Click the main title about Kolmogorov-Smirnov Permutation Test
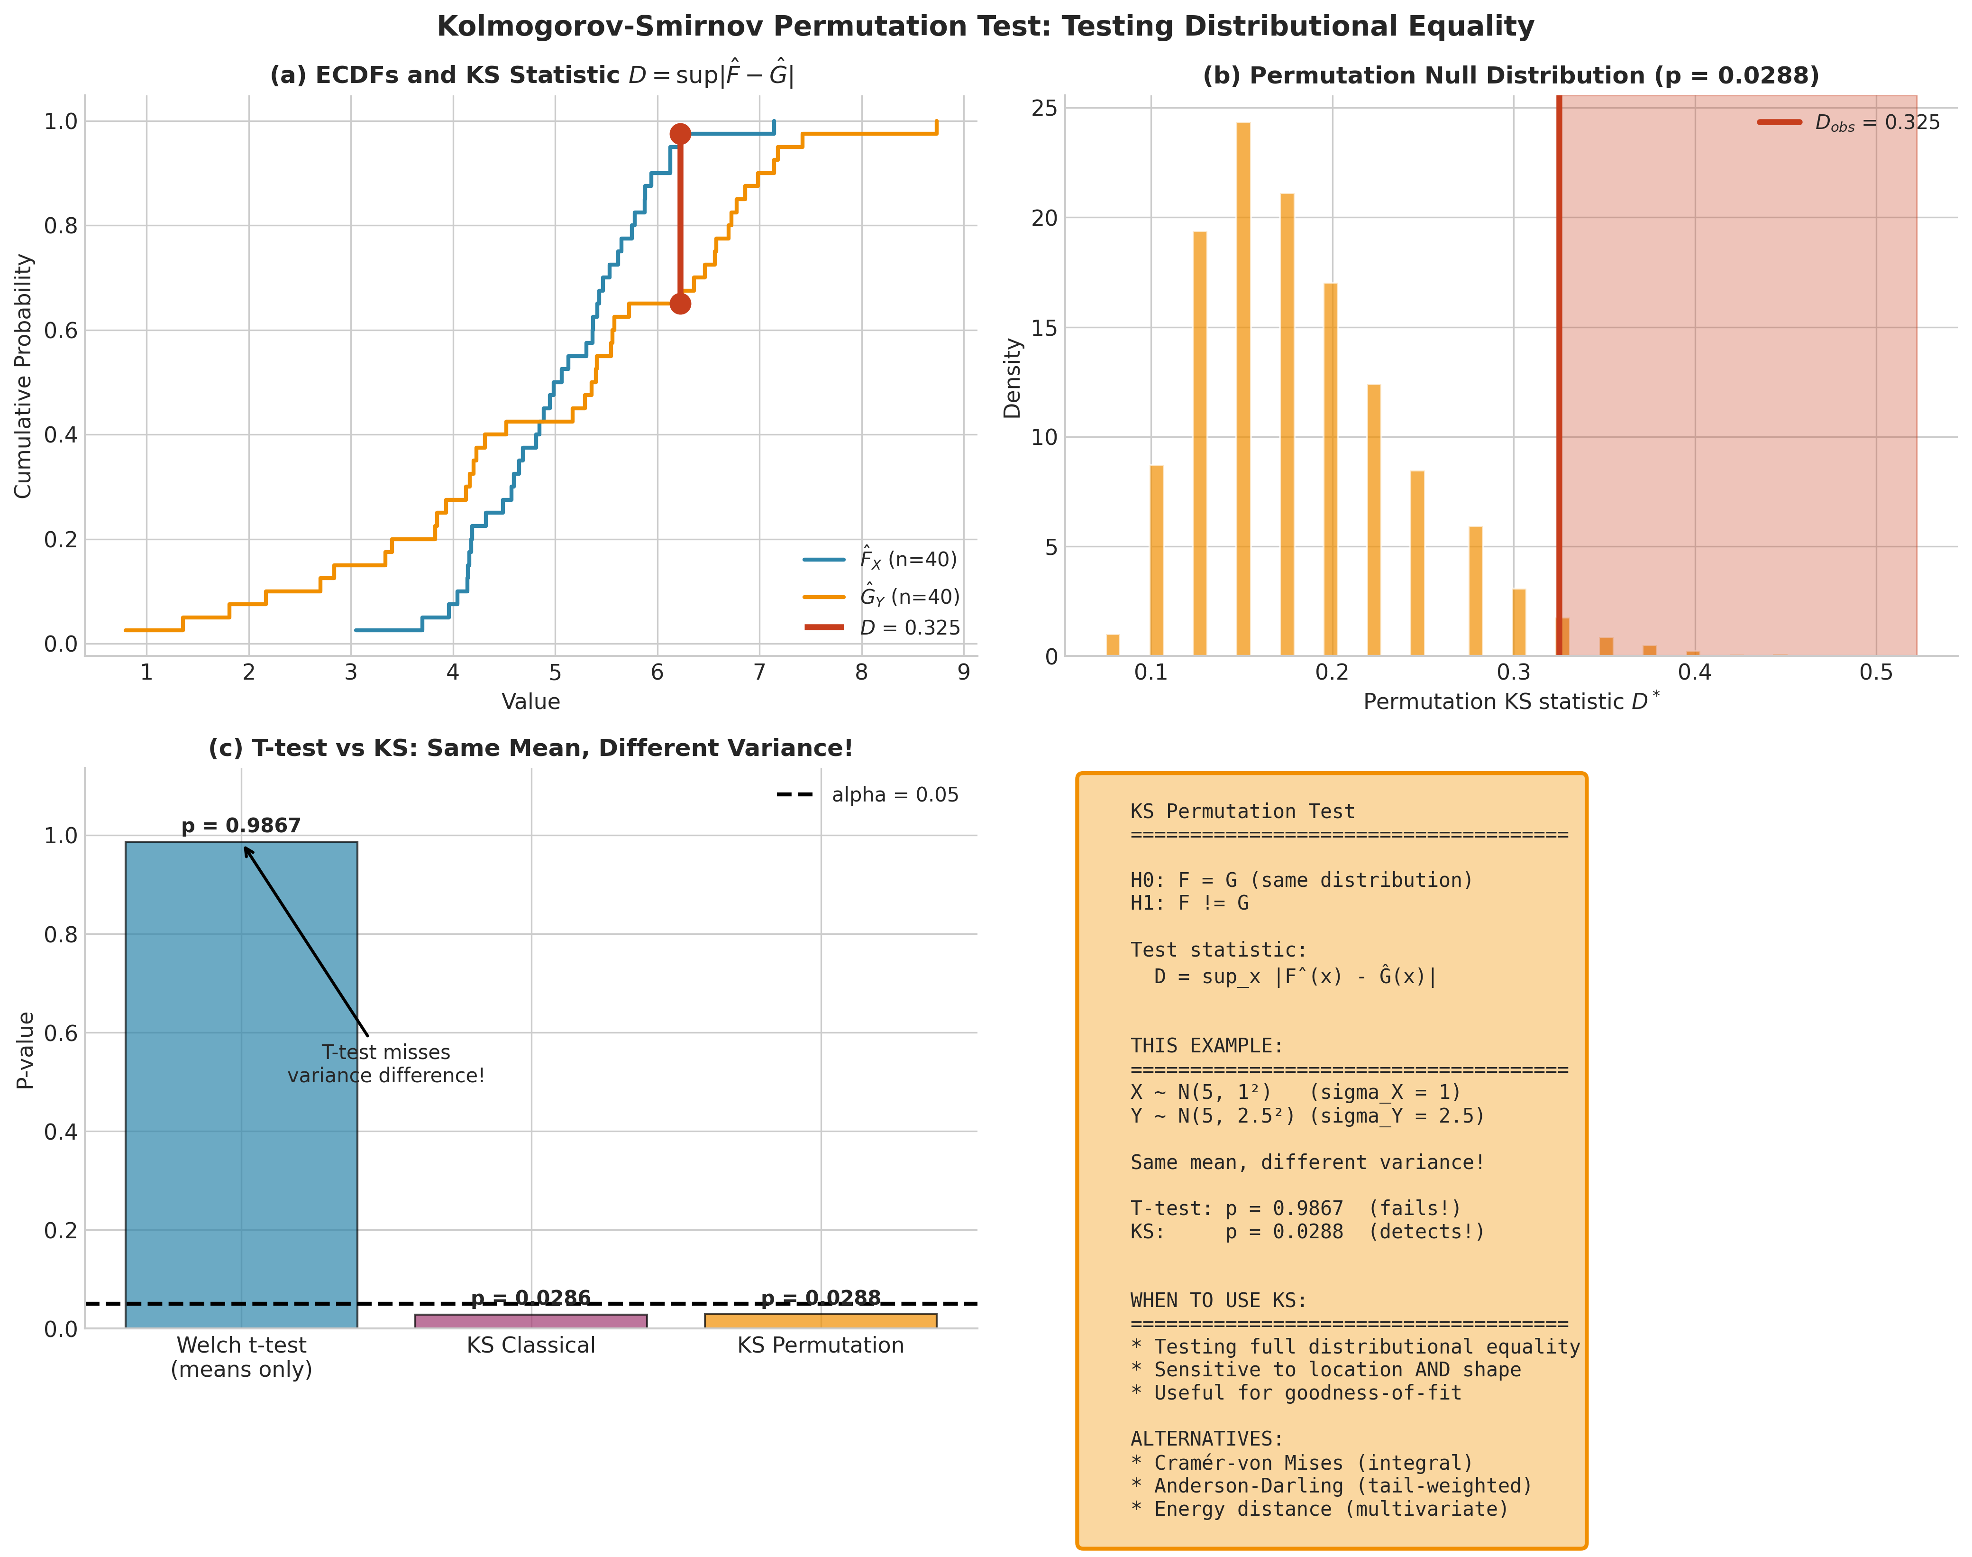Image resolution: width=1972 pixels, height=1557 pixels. pos(985,27)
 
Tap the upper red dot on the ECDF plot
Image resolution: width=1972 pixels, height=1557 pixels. pos(680,134)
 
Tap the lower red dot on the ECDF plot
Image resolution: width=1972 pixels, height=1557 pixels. pos(680,304)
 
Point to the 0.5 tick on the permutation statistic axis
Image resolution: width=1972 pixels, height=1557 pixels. pos(1875,673)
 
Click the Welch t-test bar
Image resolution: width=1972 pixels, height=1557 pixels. pos(241,1085)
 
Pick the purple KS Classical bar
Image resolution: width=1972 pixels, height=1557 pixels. pos(531,1321)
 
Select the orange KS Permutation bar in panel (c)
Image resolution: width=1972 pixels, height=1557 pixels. pos(820,1321)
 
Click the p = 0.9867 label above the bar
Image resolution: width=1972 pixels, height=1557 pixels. pos(241,826)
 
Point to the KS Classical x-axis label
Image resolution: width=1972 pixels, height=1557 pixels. pos(531,1345)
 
